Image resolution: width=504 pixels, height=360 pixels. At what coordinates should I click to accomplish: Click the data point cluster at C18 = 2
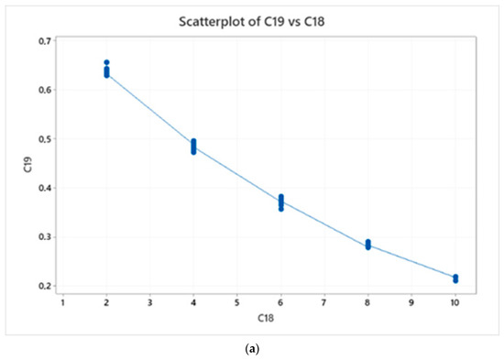107,70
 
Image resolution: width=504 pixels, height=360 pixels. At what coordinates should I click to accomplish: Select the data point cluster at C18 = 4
194,146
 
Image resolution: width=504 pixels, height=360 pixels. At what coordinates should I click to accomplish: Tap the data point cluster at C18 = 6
281,202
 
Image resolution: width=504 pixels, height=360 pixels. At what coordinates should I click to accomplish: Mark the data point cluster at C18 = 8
368,245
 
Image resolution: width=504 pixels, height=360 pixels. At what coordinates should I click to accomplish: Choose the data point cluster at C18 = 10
455,278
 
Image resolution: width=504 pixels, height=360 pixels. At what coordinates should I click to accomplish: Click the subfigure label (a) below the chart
252,349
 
